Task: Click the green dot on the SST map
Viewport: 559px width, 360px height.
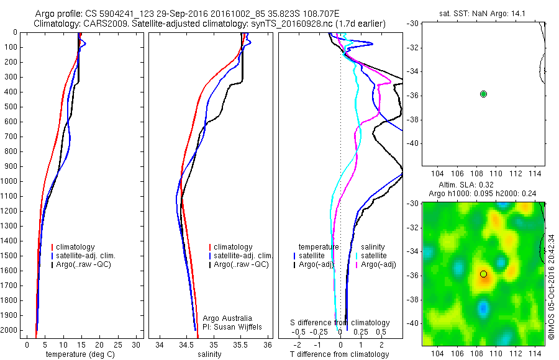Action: [483, 94]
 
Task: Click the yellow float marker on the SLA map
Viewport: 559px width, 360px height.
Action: [483, 274]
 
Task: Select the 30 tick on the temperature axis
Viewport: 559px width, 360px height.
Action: [137, 344]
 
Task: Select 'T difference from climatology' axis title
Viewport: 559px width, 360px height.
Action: [340, 354]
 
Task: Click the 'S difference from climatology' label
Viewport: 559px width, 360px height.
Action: [340, 323]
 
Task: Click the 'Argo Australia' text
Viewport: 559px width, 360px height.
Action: [232, 318]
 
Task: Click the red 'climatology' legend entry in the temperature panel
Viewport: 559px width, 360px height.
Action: [75, 247]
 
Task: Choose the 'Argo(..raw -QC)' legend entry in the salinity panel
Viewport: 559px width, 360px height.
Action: [241, 264]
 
